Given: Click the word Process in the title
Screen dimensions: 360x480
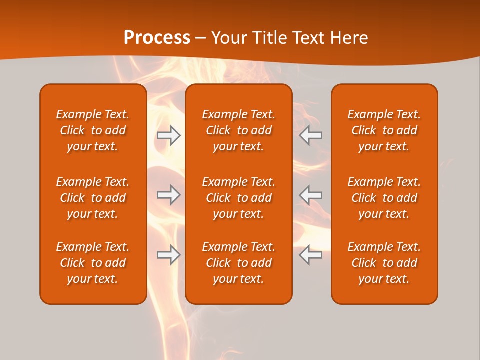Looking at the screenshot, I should click(157, 38).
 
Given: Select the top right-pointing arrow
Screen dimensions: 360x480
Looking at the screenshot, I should click(169, 135).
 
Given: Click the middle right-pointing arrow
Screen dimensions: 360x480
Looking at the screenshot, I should click(169, 195).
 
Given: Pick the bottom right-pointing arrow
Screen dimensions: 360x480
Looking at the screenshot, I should click(169, 255).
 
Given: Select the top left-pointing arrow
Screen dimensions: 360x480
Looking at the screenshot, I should click(310, 135).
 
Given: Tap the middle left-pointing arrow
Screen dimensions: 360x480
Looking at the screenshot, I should click(310, 195).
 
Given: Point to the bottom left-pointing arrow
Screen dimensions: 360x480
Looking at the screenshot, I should click(310, 255).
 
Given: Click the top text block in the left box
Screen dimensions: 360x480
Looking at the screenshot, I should click(93, 130).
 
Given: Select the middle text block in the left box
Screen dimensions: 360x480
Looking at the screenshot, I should click(93, 198).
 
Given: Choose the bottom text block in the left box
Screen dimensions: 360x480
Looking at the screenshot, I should click(93, 263).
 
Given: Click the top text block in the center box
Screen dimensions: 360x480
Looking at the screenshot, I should click(238, 130).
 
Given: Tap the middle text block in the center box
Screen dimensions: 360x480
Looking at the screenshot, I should click(238, 198).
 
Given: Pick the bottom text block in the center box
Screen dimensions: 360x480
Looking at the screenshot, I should click(238, 263).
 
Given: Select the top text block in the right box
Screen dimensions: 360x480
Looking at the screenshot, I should click(384, 130).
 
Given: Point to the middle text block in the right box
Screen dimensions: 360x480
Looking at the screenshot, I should click(384, 198).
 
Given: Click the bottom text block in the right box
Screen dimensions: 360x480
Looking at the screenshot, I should click(384, 263).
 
